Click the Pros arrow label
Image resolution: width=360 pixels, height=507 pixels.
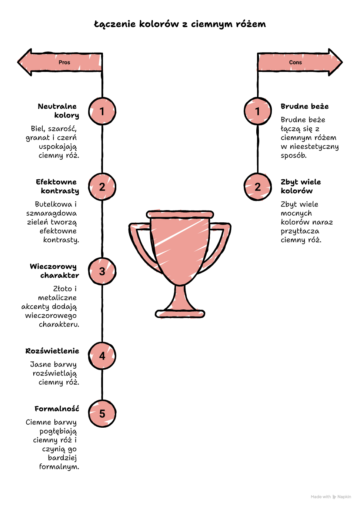click(64, 62)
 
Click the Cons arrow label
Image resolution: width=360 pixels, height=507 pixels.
click(295, 62)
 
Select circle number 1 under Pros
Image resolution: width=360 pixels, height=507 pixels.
click(102, 111)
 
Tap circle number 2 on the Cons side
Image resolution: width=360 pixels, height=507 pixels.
click(258, 187)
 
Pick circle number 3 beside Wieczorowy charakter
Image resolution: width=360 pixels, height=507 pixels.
click(102, 271)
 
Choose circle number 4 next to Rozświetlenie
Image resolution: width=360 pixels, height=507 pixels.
click(102, 356)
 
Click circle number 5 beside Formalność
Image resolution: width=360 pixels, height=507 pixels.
click(102, 414)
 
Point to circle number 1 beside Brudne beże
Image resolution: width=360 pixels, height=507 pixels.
click(258, 111)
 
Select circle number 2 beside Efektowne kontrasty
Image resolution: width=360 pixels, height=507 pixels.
click(102, 187)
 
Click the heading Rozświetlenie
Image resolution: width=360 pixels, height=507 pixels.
click(52, 351)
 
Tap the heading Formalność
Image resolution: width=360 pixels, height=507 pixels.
click(57, 408)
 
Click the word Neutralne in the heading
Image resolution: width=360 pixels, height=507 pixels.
click(57, 106)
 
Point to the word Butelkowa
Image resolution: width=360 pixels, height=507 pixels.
click(53, 204)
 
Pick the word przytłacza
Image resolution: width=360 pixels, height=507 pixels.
click(300, 231)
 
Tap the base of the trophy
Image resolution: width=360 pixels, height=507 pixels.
click(180, 314)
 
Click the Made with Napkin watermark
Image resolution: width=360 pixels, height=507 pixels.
click(331, 497)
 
